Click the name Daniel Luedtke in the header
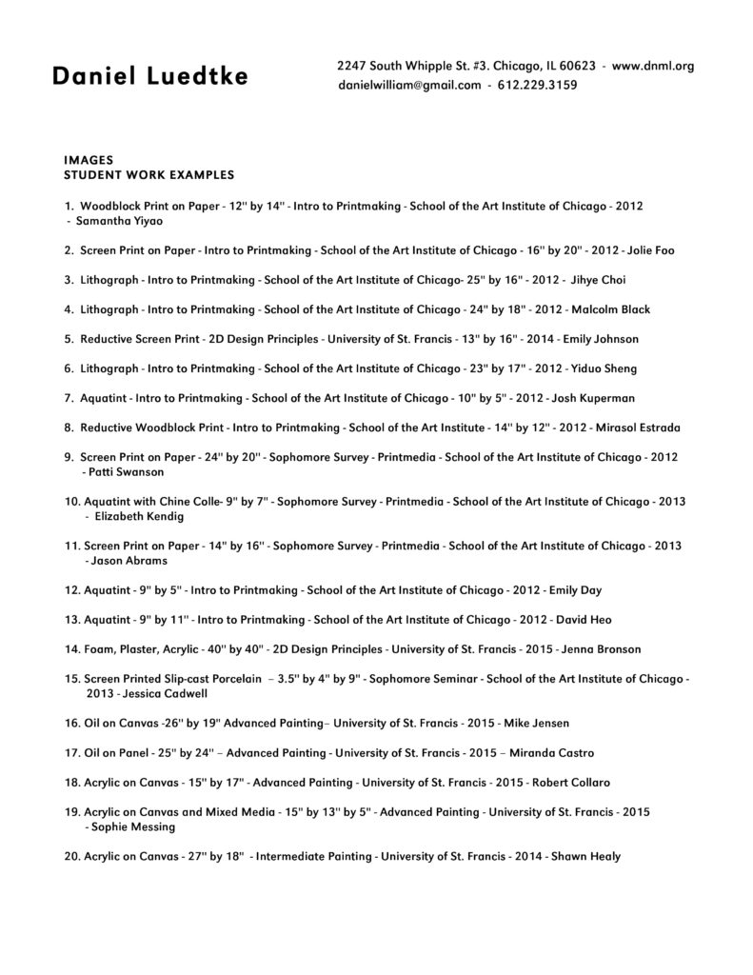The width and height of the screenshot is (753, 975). [150, 77]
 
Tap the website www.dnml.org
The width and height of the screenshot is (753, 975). [653, 66]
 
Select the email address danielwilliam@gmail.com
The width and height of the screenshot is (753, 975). [408, 85]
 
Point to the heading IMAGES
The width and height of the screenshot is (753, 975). [89, 161]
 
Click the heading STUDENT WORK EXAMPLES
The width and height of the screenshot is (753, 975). [149, 175]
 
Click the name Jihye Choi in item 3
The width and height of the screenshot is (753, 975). [597, 280]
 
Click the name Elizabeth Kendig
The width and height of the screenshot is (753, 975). [140, 516]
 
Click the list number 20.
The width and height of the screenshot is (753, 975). [71, 856]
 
